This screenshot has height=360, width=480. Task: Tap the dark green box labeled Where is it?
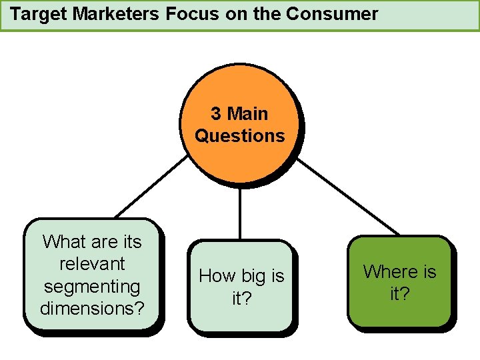(x=399, y=307)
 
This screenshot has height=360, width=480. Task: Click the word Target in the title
(x=39, y=14)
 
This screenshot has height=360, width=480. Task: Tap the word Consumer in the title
(x=337, y=14)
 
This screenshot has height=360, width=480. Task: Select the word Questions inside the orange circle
(x=240, y=136)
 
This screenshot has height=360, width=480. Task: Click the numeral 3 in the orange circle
(x=216, y=114)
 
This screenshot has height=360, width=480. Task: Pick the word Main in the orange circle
(x=248, y=114)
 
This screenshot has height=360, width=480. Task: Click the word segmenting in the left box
(x=92, y=287)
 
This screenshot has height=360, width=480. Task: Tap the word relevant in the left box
(x=92, y=264)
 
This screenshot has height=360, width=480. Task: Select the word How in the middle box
(x=217, y=276)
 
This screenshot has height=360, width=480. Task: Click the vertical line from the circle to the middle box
(x=240, y=210)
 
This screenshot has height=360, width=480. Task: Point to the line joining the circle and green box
(x=346, y=196)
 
